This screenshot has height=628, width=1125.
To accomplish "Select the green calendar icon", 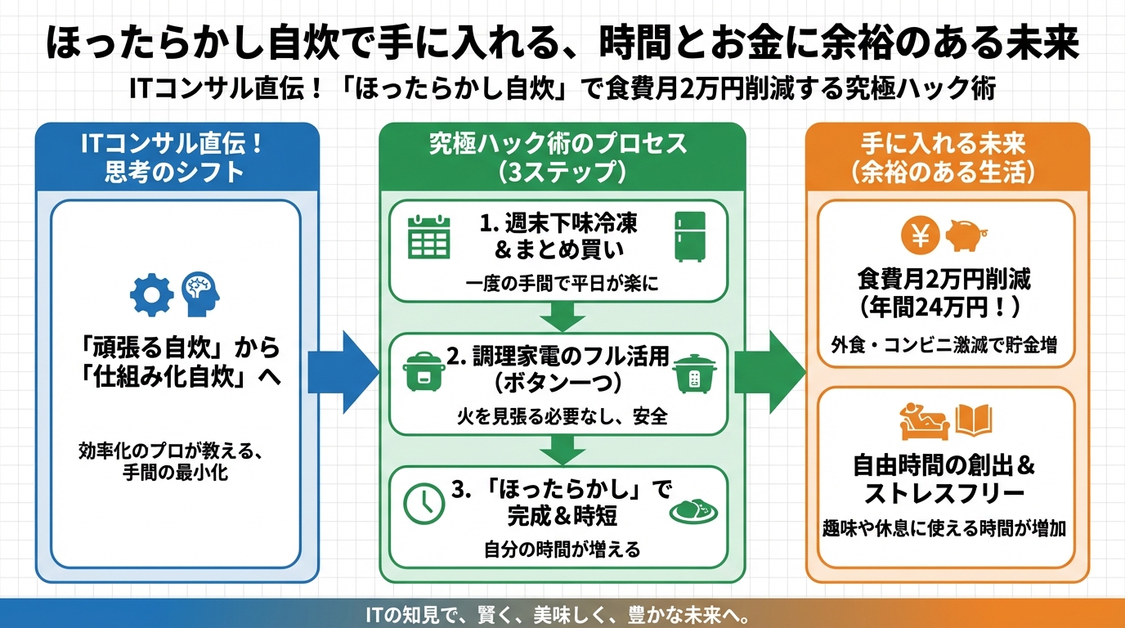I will tap(429, 235).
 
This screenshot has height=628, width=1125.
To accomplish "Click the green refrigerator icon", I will tap(688, 235).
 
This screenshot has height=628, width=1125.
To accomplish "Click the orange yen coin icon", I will tap(921, 236).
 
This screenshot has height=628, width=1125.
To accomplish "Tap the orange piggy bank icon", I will tap(966, 235).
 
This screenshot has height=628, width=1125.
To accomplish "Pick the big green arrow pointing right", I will tap(769, 372).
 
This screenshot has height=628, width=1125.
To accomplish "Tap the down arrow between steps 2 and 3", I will tap(561, 450).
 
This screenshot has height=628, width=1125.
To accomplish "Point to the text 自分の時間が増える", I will tap(560, 549).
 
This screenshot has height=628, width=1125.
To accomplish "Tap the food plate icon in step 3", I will tap(692, 508).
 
